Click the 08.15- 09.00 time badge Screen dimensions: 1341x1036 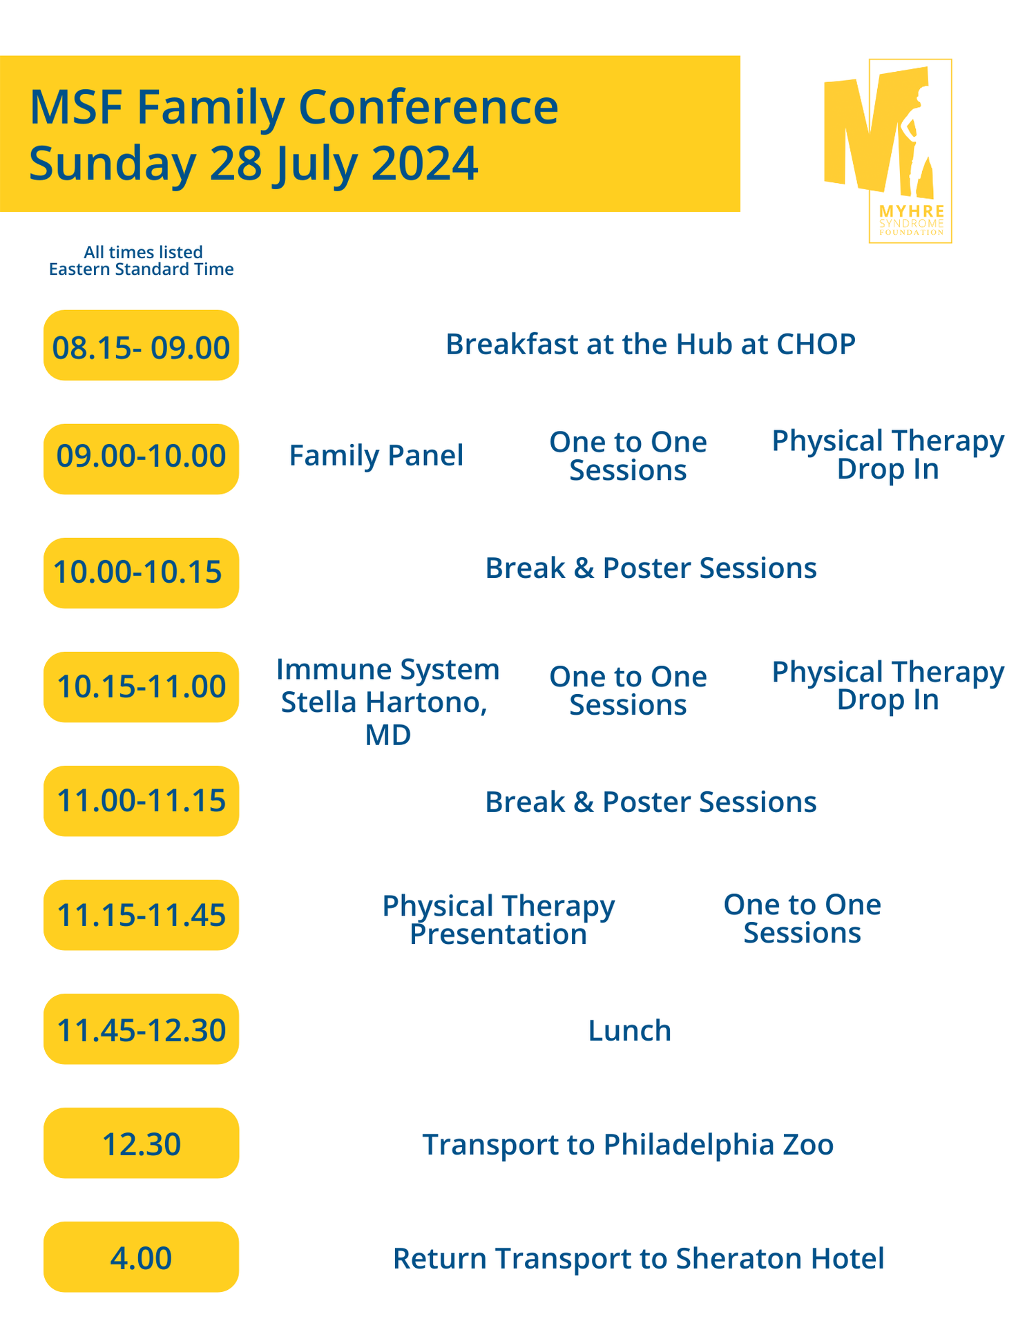[x=141, y=345]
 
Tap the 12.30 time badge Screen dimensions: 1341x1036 [x=141, y=1144]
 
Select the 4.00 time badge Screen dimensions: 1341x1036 [x=141, y=1257]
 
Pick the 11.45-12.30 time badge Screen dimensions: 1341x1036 [x=141, y=1030]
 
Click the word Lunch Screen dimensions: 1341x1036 [x=629, y=1030]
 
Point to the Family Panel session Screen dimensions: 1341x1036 [x=376, y=456]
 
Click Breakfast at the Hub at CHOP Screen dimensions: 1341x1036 [x=650, y=344]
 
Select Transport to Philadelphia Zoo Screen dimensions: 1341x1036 [x=628, y=1144]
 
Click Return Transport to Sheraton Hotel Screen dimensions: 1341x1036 [x=638, y=1258]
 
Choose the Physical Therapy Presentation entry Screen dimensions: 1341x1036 [x=498, y=920]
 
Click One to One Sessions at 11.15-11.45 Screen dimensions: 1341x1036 [x=802, y=918]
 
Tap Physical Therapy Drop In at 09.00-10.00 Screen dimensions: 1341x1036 [x=888, y=454]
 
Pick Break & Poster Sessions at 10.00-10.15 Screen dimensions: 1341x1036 [x=651, y=568]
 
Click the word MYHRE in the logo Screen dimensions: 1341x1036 [x=911, y=211]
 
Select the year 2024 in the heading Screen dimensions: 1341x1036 [x=424, y=164]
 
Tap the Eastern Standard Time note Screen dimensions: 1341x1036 [x=141, y=269]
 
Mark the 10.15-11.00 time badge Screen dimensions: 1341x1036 [x=141, y=687]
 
